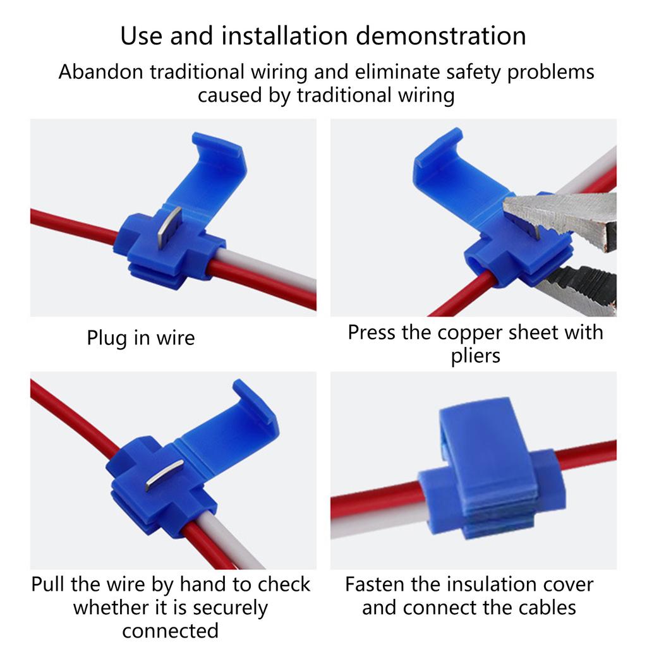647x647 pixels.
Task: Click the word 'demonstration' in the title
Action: pos(440,36)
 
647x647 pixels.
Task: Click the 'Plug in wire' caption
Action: pos(141,338)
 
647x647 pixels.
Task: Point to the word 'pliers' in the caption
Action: pos(475,356)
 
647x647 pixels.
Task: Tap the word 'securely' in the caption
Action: pos(230,608)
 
